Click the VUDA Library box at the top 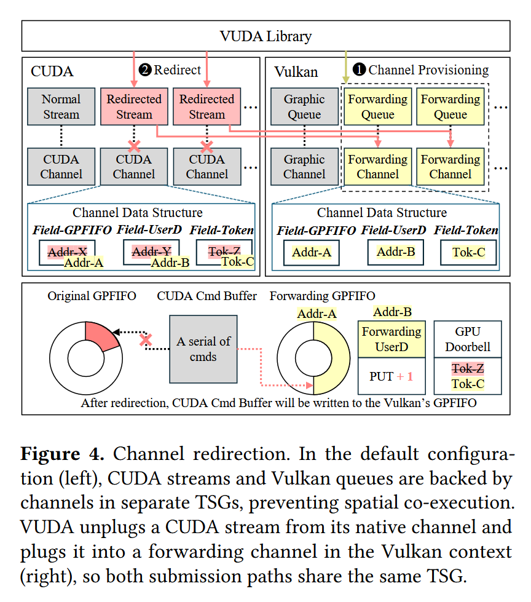pyautogui.click(x=265, y=36)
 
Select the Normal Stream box pyautogui.click(x=61, y=106)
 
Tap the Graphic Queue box pyautogui.click(x=304, y=106)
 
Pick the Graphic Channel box pyautogui.click(x=304, y=167)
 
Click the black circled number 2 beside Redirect pyautogui.click(x=145, y=70)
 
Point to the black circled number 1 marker pyautogui.click(x=359, y=69)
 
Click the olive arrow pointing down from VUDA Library pyautogui.click(x=345, y=67)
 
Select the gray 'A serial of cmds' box pyautogui.click(x=203, y=349)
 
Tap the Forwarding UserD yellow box pyautogui.click(x=391, y=339)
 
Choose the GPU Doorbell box pyautogui.click(x=468, y=339)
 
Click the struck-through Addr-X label pyautogui.click(x=67, y=252)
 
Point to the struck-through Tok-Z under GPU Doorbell pyautogui.click(x=468, y=368)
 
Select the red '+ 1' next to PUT pyautogui.click(x=405, y=376)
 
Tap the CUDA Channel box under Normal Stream pyautogui.click(x=61, y=167)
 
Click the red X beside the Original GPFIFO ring pyautogui.click(x=146, y=340)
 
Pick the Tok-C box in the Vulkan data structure pyautogui.click(x=468, y=252)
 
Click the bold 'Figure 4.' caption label pyautogui.click(x=62, y=454)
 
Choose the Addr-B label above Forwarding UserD pyautogui.click(x=393, y=312)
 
